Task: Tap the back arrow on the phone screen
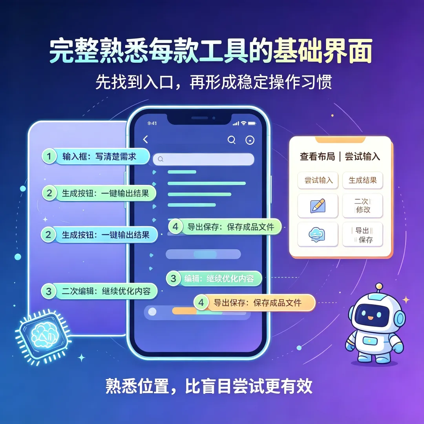pyautogui.click(x=146, y=139)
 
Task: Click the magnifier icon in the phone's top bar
pyautogui.click(x=232, y=140)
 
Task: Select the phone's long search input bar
pyautogui.click(x=203, y=159)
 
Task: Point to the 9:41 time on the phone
pyautogui.click(x=152, y=123)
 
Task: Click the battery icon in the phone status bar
pyautogui.click(x=252, y=123)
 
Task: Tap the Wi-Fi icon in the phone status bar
pyautogui.click(x=244, y=123)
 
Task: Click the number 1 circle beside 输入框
pyautogui.click(x=49, y=156)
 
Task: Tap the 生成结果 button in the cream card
pyautogui.click(x=362, y=180)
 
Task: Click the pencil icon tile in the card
pyautogui.click(x=318, y=206)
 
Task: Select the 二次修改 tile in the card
pyautogui.click(x=362, y=206)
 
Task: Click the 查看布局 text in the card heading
pyautogui.click(x=317, y=156)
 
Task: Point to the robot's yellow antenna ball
pyautogui.click(x=379, y=286)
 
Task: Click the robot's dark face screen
pyautogui.click(x=372, y=314)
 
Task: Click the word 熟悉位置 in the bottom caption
pyautogui.click(x=137, y=386)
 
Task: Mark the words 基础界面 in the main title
pyautogui.click(x=323, y=51)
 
